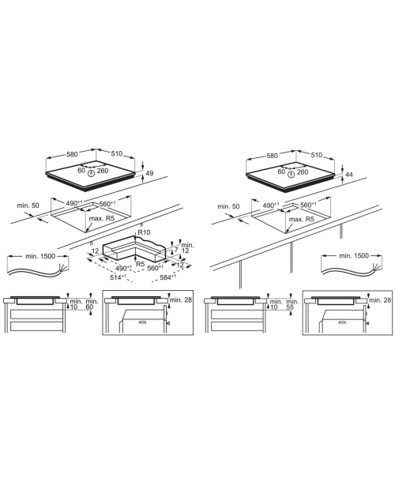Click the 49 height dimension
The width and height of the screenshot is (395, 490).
(149, 173)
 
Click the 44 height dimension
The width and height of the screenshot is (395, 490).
(349, 175)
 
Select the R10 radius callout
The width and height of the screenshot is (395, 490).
(144, 232)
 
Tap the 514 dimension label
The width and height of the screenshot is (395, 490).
(118, 277)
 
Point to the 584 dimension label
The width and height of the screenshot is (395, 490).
(167, 277)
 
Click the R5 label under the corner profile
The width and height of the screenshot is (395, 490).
(141, 264)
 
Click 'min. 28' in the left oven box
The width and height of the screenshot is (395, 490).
(180, 300)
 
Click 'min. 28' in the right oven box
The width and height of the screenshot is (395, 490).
(380, 300)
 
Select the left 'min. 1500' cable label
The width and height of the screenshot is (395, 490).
(40, 256)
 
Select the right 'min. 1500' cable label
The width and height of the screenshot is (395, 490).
(354, 255)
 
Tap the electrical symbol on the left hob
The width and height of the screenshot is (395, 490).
(91, 173)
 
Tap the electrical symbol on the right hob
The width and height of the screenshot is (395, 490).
(292, 175)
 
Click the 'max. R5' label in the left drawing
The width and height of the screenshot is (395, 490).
(102, 218)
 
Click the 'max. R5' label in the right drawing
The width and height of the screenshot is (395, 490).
(302, 219)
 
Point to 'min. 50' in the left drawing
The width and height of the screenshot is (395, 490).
(28, 205)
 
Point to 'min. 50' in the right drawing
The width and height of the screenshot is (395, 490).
(228, 206)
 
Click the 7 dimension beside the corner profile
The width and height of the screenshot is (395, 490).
(176, 250)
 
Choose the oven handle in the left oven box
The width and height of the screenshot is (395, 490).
(142, 321)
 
